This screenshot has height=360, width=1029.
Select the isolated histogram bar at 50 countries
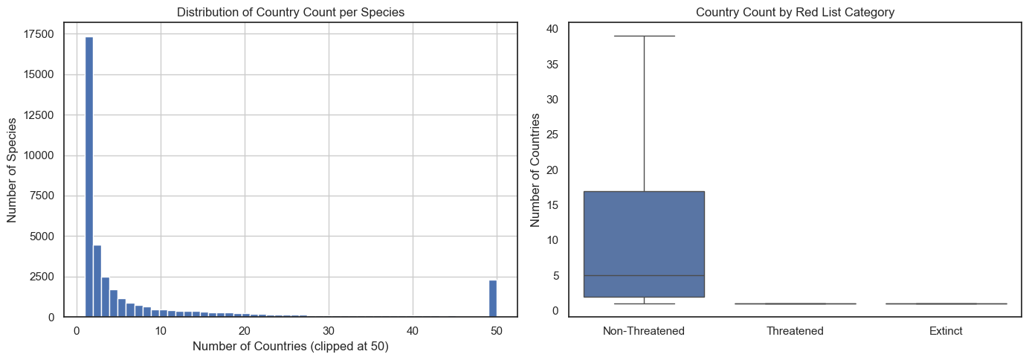tap(493, 298)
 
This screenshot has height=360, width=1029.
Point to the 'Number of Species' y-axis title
tap(13, 170)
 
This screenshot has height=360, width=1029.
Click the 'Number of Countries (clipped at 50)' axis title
tap(290, 347)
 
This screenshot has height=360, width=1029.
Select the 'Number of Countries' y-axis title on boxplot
tap(536, 170)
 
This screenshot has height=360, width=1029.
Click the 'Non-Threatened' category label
tap(644, 331)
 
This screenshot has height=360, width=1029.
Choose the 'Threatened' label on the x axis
tap(795, 331)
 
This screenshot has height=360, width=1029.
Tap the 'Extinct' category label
tap(946, 331)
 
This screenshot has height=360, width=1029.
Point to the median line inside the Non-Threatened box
tap(644, 275)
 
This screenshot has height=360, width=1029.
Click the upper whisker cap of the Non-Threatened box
tap(644, 36)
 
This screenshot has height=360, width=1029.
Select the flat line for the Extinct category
tap(946, 303)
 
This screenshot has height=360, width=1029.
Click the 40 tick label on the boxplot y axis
tap(552, 29)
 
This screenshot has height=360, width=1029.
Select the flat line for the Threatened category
tap(795, 303)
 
